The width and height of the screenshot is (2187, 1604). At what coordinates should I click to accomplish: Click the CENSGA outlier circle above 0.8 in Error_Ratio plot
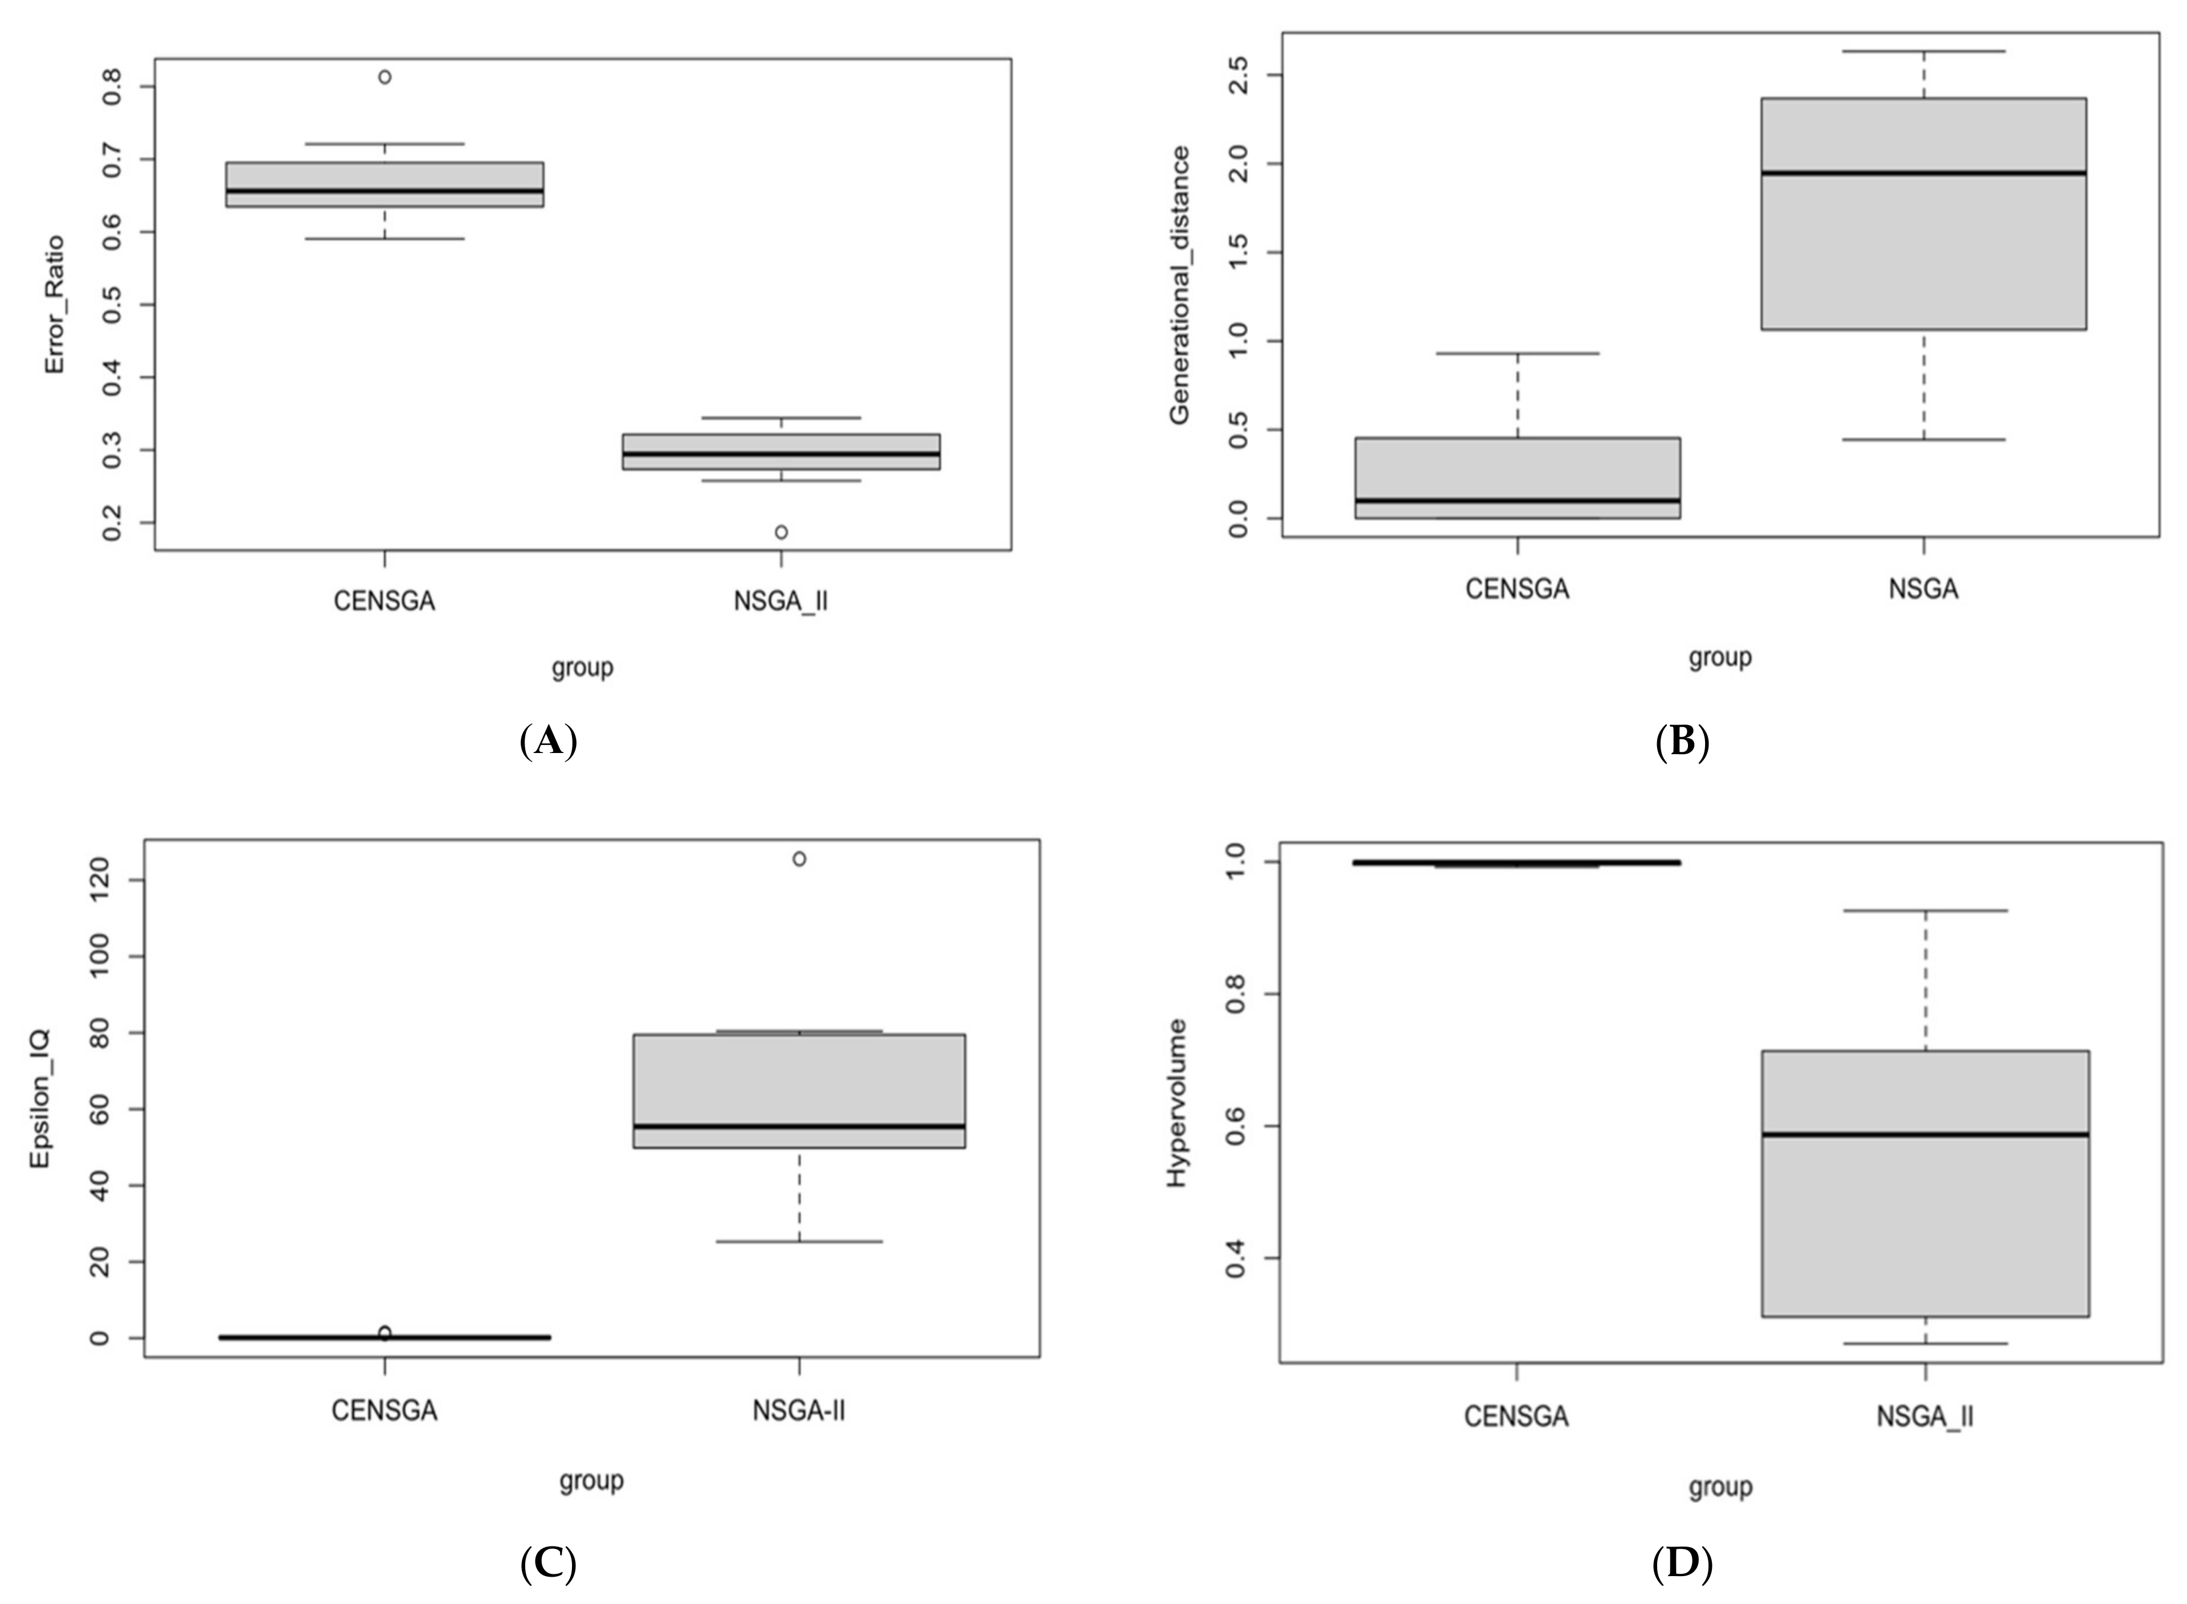coord(385,77)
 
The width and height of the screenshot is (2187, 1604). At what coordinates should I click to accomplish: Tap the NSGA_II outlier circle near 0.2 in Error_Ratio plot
coord(781,532)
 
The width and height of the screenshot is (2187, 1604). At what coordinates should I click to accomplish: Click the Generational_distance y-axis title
coord(1179,285)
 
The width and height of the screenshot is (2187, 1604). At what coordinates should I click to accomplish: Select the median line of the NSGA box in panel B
coord(1923,173)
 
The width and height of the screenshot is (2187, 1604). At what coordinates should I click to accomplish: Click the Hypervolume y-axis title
coord(1176,1102)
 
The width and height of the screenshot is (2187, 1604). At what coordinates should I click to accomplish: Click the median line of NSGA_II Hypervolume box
coord(1925,1134)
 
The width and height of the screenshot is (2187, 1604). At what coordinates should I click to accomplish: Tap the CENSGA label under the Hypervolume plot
coord(1516,1417)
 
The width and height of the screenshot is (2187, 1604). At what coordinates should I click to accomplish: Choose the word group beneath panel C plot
coord(590,1481)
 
